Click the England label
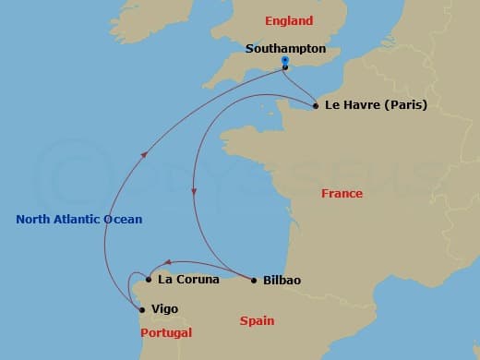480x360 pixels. coord(288,20)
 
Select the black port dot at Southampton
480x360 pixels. coord(285,67)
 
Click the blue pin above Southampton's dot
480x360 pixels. coord(285,60)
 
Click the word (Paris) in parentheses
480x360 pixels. coord(406,105)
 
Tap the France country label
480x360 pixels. coord(342,194)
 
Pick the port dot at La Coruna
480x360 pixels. coord(149,278)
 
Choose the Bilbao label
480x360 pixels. coord(282,280)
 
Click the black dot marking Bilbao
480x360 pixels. coord(254,280)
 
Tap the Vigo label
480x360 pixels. coord(164,309)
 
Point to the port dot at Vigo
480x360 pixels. coord(141,310)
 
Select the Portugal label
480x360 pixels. coord(165,332)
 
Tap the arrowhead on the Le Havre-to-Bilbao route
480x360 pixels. coord(193,192)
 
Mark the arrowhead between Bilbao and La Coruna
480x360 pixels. coord(167,262)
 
